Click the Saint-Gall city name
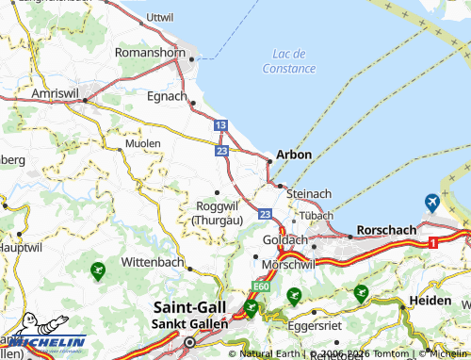pyautogui.click(x=188, y=307)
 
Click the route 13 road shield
pyautogui.click(x=219, y=125)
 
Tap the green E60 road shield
pyautogui.click(x=261, y=287)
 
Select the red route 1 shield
pyautogui.click(x=431, y=243)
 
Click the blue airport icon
pyautogui.click(x=432, y=202)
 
